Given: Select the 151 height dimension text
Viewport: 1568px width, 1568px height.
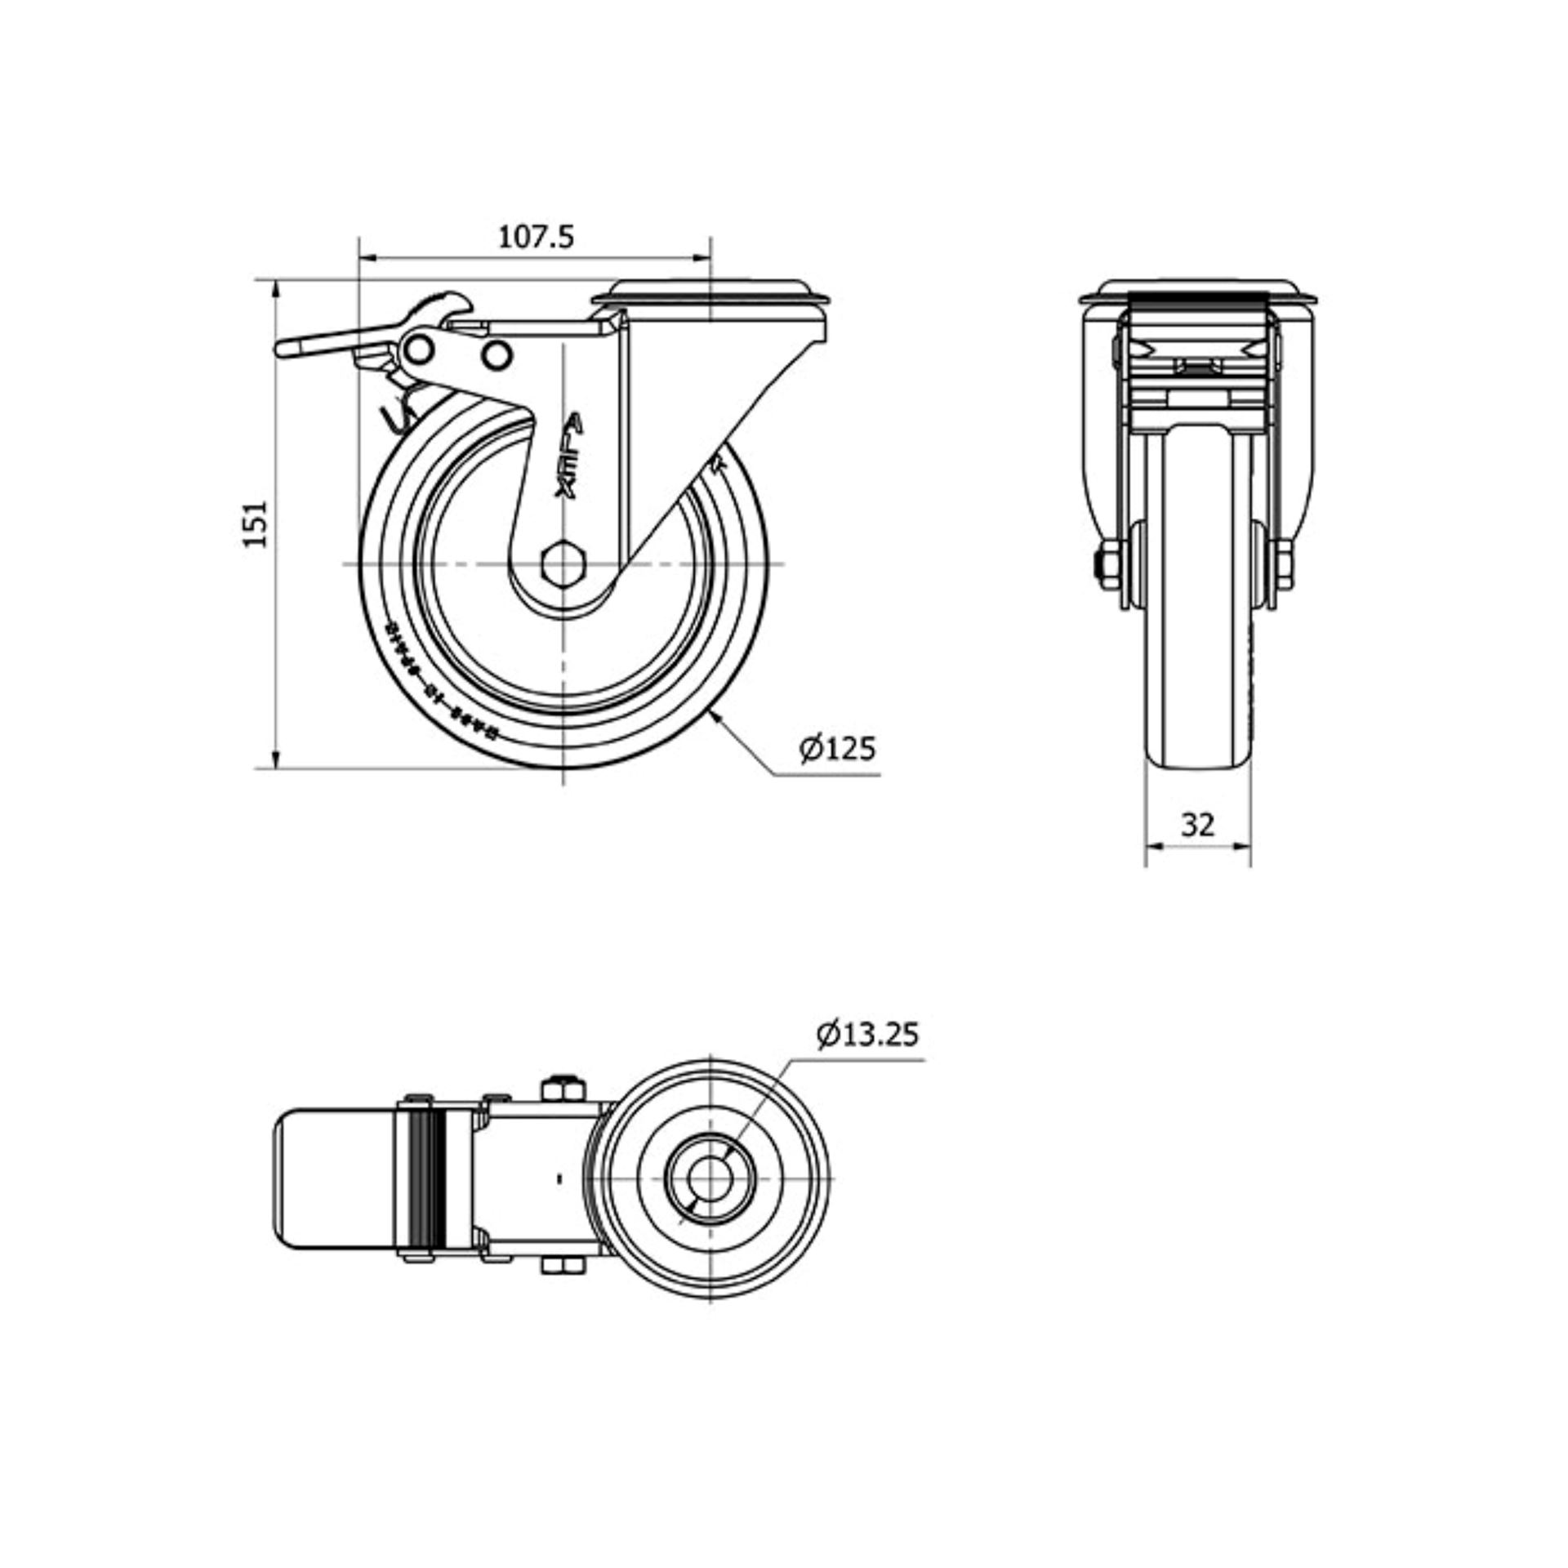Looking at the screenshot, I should pyautogui.click(x=256, y=523).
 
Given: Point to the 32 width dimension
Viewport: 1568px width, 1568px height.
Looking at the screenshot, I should pyautogui.click(x=1197, y=825).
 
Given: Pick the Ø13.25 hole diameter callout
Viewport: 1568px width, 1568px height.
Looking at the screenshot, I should pyautogui.click(x=866, y=1034).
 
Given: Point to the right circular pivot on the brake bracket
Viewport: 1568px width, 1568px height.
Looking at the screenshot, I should pyautogui.click(x=495, y=354).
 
